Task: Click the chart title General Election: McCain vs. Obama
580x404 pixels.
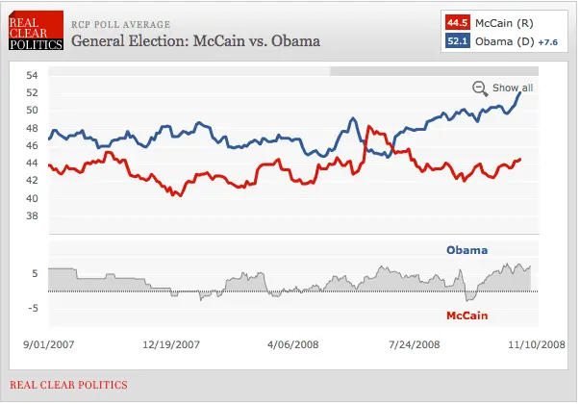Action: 195,42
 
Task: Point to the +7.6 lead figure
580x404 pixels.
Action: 547,41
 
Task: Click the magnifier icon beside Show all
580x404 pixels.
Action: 480,88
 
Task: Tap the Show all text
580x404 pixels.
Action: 513,88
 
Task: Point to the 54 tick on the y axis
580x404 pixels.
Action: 31,76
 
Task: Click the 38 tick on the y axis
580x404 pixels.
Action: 31,216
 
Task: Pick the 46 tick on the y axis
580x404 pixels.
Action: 31,146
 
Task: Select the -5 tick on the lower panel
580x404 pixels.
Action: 30,308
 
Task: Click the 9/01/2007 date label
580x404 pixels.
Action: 48,342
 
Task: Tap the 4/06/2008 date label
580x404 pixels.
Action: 292,342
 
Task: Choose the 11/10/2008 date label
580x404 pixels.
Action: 537,342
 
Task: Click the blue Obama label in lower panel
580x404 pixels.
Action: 467,250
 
